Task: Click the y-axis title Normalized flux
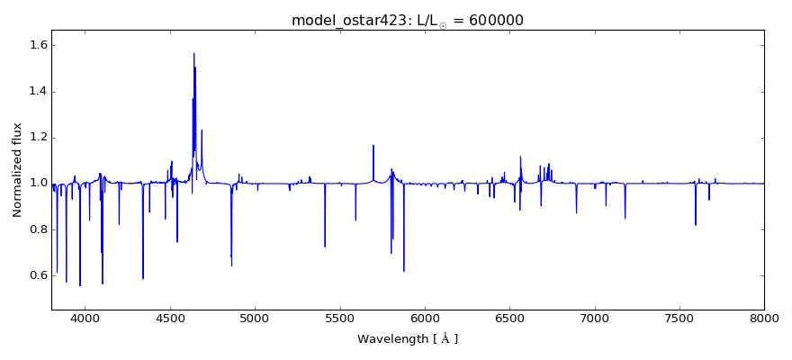(x=18, y=170)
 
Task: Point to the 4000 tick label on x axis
(x=85, y=319)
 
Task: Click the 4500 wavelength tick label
(x=170, y=319)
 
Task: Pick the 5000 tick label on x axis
(x=255, y=319)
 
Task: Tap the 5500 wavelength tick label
(x=340, y=319)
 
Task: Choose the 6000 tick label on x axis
(x=425, y=319)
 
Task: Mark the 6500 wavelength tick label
(x=509, y=319)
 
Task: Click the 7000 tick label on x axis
(x=595, y=319)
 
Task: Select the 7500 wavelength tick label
(x=679, y=319)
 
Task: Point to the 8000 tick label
(x=764, y=319)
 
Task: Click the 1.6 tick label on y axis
(x=37, y=45)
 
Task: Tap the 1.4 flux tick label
(x=37, y=91)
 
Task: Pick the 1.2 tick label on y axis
(x=37, y=137)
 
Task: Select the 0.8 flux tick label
(x=37, y=229)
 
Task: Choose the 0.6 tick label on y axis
(x=37, y=274)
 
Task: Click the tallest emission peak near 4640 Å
(x=193, y=54)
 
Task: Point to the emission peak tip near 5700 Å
(x=373, y=146)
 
